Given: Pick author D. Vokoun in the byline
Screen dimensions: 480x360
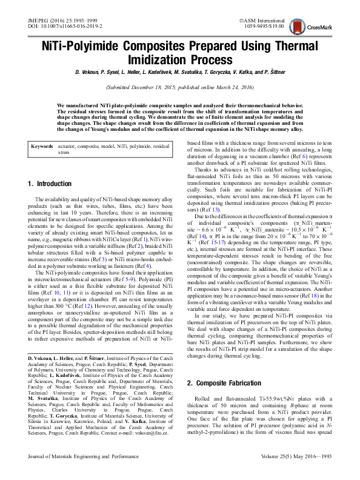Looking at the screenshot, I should click(88, 73).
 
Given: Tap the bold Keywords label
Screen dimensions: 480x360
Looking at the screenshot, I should click(42, 147).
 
